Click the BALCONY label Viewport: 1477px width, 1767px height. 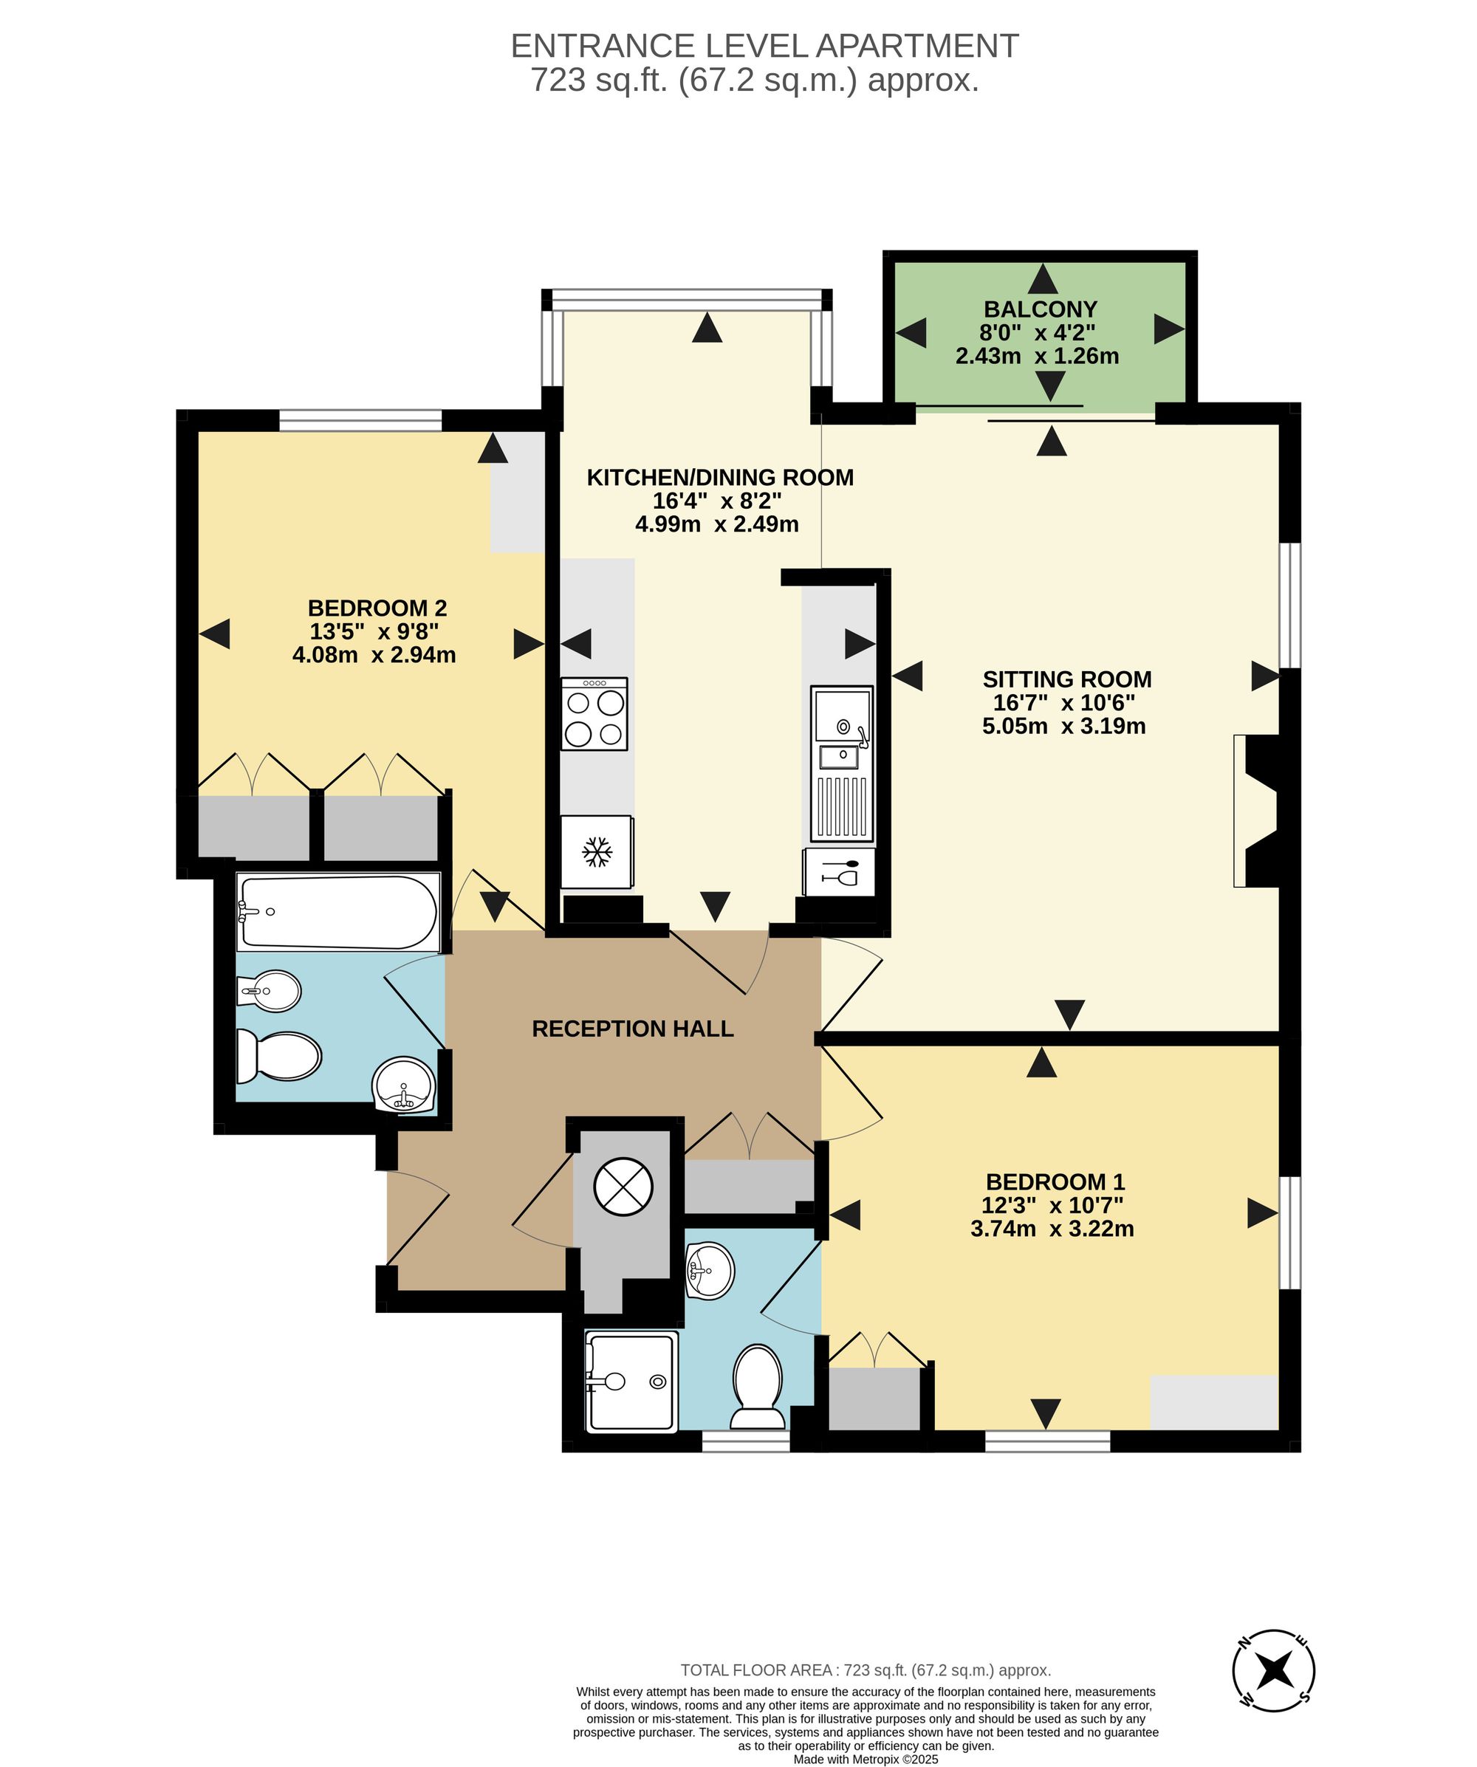click(1041, 309)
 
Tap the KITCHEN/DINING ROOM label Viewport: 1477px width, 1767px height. click(719, 477)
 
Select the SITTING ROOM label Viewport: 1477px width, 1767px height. click(1066, 679)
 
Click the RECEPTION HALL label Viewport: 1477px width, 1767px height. click(633, 1028)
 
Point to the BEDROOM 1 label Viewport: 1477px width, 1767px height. click(1055, 1181)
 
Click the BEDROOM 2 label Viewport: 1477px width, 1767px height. click(377, 608)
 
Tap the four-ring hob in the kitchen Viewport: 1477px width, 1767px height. click(594, 714)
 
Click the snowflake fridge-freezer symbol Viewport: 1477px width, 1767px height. click(597, 851)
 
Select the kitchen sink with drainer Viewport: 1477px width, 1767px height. click(842, 764)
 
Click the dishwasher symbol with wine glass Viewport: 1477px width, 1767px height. click(839, 872)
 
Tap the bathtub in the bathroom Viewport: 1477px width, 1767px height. click(338, 912)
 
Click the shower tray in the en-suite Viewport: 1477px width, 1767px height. click(631, 1381)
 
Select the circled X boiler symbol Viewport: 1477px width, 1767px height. click(623, 1187)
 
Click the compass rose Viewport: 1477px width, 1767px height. click(1273, 1670)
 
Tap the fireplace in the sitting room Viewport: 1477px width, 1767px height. click(1255, 812)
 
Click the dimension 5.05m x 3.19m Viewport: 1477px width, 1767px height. click(1063, 726)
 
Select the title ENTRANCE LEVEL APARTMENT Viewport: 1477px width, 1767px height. click(764, 46)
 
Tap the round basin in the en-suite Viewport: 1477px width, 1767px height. click(710, 1271)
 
